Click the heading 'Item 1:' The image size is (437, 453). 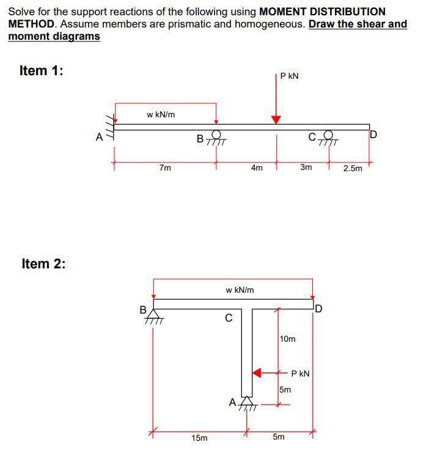[42, 71]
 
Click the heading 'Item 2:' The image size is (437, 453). [43, 264]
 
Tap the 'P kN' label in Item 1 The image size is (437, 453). [290, 76]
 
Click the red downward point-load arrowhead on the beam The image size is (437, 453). [276, 119]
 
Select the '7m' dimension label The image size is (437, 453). [165, 168]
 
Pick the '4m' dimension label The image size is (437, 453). [257, 168]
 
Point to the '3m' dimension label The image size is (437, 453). [306, 168]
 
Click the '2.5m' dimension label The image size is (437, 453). [353, 168]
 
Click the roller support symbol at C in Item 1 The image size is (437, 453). [329, 138]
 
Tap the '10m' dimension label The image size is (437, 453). [287, 339]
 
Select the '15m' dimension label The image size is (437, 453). [199, 438]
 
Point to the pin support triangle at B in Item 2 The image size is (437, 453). [153, 313]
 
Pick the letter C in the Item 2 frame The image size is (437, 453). [229, 318]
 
